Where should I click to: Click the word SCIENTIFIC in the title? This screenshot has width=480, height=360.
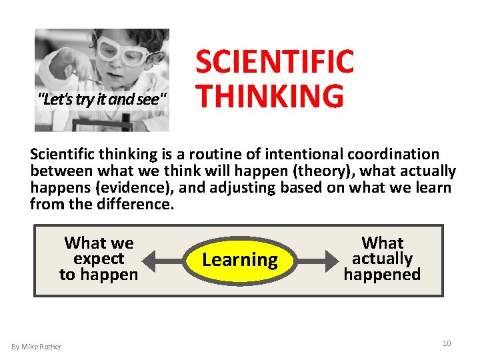274,62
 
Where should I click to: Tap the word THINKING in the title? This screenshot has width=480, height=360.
269,96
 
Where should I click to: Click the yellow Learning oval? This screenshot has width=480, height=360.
239,259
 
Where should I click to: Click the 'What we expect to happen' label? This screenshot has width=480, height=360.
99,259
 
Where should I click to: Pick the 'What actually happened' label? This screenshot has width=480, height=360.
382,259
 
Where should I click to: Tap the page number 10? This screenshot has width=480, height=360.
447,343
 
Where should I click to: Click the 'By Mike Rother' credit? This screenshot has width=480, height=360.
37,347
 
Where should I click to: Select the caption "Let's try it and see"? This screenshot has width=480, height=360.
103,100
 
